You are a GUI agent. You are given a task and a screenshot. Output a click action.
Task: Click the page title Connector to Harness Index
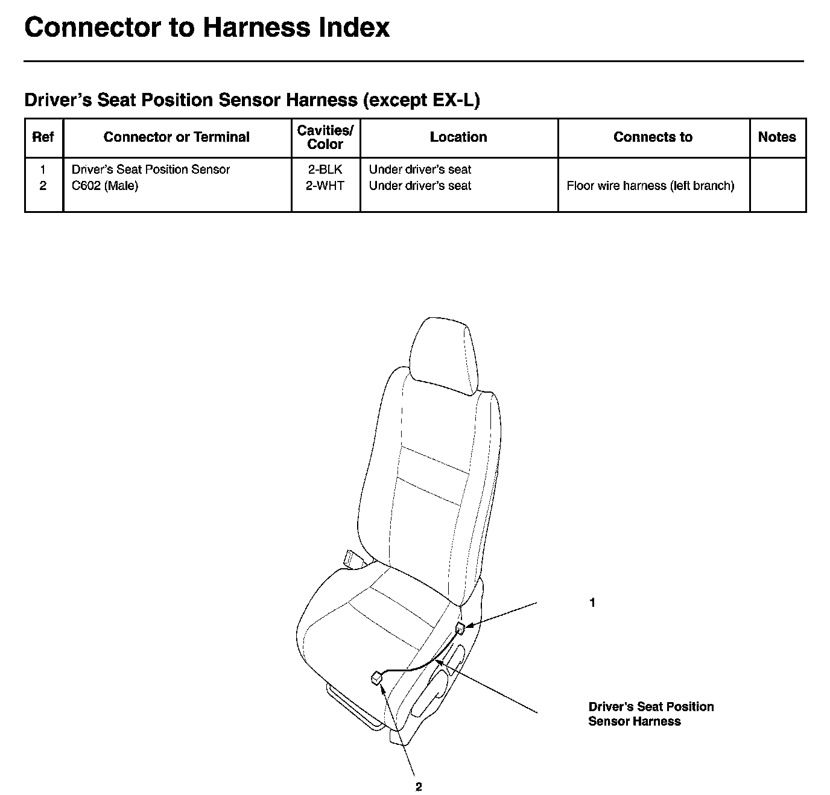(x=207, y=28)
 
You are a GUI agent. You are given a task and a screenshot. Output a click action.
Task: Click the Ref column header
(x=43, y=138)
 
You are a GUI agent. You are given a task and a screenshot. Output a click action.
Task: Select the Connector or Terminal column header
(x=176, y=138)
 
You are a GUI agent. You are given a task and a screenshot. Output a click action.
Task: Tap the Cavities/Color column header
(x=325, y=138)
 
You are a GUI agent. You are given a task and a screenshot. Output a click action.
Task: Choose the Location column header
(x=458, y=138)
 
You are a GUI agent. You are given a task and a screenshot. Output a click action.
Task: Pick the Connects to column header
(x=653, y=138)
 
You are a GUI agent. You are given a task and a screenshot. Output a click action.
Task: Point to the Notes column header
(x=777, y=138)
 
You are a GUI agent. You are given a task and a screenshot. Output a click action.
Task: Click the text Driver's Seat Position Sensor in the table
(x=151, y=170)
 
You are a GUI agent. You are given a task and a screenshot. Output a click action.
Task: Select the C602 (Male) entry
(x=105, y=186)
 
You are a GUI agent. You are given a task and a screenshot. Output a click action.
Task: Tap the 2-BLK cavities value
(x=325, y=170)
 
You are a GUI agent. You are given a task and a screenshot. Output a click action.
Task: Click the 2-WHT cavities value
(x=325, y=186)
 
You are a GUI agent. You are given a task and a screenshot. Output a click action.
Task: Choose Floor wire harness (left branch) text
(x=650, y=186)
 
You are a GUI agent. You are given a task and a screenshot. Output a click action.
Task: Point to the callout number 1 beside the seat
(x=592, y=603)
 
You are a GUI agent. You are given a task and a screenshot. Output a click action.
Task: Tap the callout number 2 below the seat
(x=419, y=787)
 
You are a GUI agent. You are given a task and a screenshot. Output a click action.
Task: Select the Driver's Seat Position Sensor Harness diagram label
(x=650, y=714)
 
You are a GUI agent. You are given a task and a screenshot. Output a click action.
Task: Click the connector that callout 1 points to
(x=461, y=629)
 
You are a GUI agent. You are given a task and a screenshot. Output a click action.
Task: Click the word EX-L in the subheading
(x=453, y=100)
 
